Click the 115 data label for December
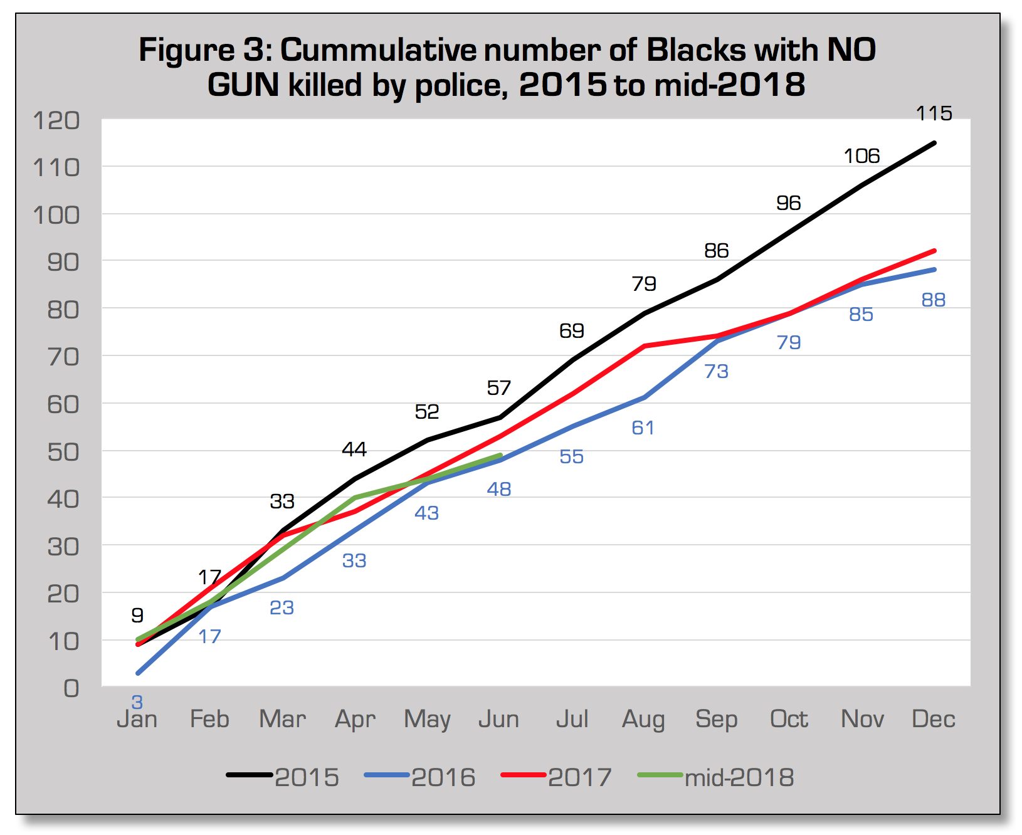[934, 113]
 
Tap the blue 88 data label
[933, 300]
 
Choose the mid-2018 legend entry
[717, 777]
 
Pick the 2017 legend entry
[557, 777]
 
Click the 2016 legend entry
[420, 777]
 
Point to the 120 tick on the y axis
[56, 120]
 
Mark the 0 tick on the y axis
[71, 688]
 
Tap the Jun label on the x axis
[499, 719]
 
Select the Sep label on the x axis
[716, 719]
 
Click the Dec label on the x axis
[933, 719]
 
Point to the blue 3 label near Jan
[137, 702]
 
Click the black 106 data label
[861, 156]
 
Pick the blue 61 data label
[643, 428]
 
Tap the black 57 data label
[499, 388]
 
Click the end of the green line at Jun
[500, 455]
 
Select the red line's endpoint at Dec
[934, 251]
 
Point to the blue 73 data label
[716, 372]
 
